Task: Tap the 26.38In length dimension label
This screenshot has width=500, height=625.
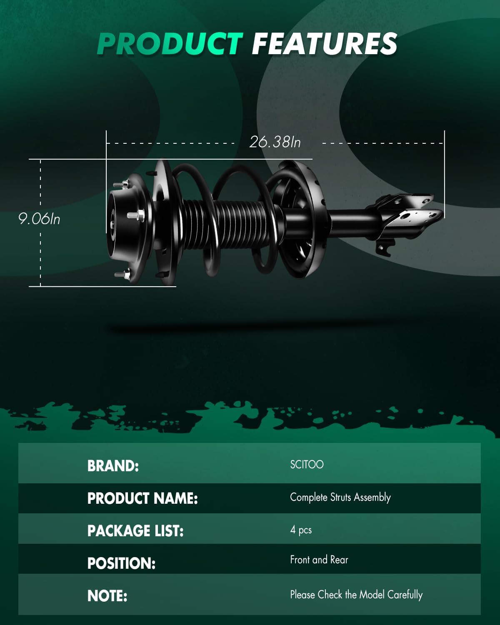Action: (x=275, y=142)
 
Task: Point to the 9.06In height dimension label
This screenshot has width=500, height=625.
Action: (x=39, y=219)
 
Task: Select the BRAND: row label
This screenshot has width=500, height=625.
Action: (x=113, y=466)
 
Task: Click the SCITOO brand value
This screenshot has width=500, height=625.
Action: (x=307, y=465)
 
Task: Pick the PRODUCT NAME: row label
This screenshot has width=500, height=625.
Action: (x=142, y=498)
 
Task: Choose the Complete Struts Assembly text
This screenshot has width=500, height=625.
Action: (x=340, y=497)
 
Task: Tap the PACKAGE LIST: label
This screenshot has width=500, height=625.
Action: (x=135, y=531)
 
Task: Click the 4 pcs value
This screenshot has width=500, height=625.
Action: (x=301, y=530)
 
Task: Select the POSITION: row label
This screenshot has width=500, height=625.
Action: (x=121, y=563)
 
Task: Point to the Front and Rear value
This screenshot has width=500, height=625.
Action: (x=319, y=560)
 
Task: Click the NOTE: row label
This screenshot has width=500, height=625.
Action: (x=107, y=596)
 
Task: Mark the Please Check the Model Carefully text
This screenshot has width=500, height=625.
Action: (x=356, y=595)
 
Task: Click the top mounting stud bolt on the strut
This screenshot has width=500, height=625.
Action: (x=121, y=184)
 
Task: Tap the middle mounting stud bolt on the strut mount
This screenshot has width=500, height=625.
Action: (x=136, y=215)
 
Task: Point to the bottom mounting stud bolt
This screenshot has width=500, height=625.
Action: (x=122, y=274)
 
